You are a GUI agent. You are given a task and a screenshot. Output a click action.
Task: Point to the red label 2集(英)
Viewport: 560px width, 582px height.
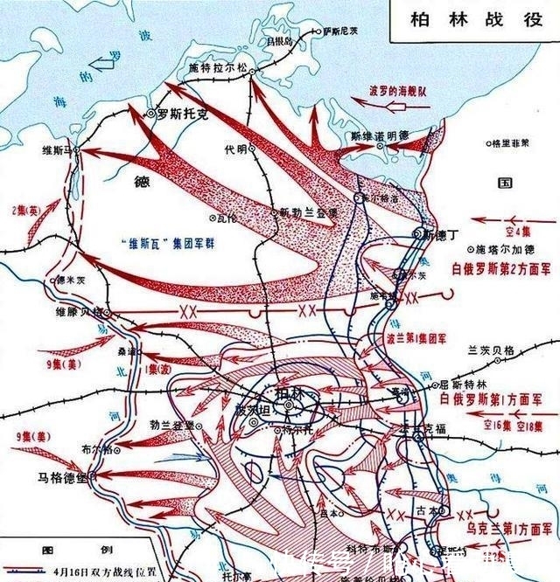tap(25, 211)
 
